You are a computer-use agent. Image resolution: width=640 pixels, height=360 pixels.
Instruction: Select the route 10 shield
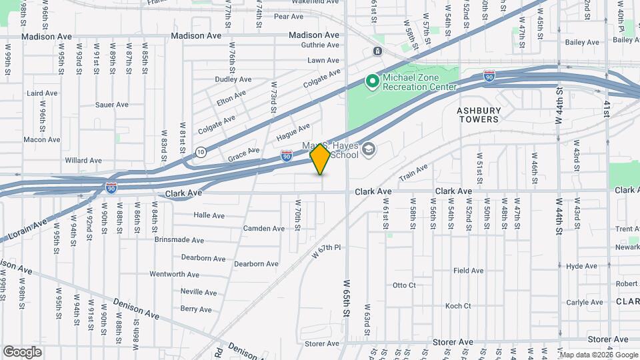tap(201, 153)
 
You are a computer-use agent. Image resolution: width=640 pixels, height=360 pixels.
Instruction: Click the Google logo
tap(22, 351)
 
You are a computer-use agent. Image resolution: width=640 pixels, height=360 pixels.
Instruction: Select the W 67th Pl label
tap(326, 251)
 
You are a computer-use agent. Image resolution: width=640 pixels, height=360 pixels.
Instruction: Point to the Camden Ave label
tap(263, 228)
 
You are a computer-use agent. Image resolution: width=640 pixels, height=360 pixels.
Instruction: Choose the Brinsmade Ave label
tap(179, 239)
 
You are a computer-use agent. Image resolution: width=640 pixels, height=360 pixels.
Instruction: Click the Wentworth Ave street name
tap(174, 274)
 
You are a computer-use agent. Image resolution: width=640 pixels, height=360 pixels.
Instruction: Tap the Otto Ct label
tap(404, 285)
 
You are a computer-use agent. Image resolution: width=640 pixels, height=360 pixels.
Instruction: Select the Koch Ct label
tap(458, 306)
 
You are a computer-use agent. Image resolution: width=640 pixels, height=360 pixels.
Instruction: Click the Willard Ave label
tap(83, 161)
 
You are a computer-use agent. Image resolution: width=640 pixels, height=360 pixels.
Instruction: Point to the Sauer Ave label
tap(111, 105)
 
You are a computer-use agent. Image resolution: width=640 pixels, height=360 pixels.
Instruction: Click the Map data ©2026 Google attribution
tap(598, 354)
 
